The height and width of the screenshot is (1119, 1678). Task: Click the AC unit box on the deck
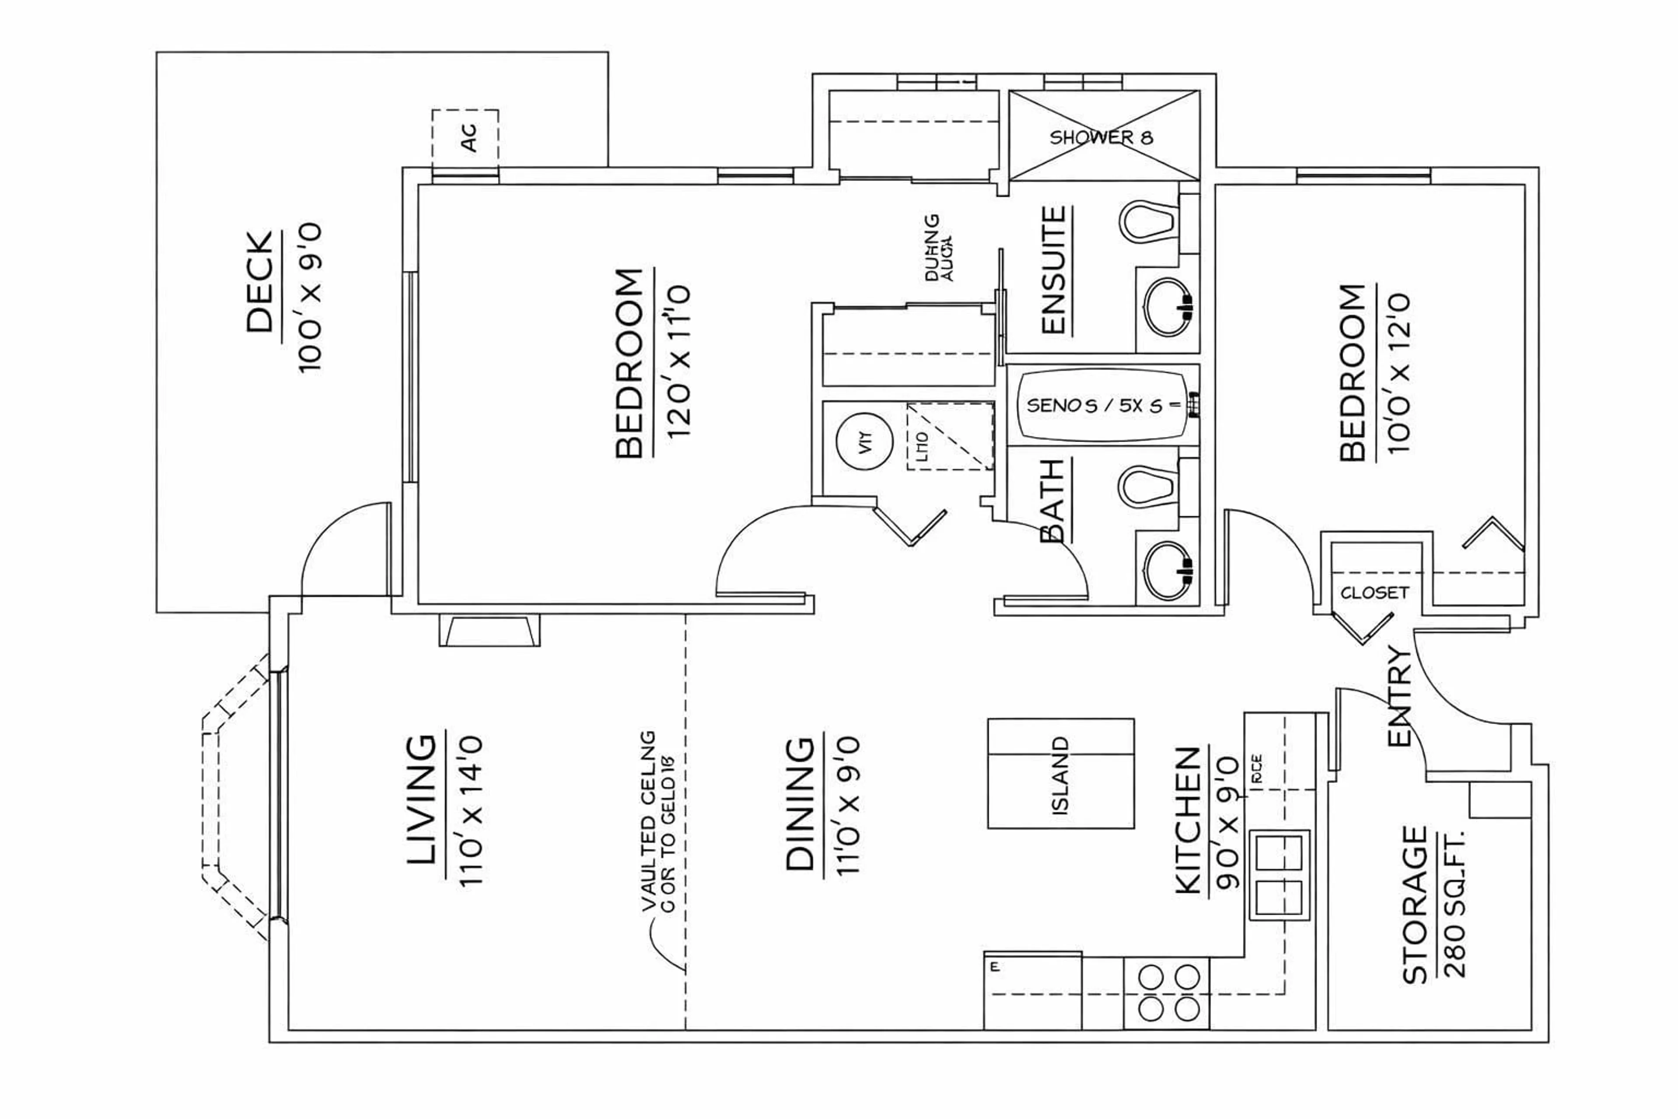point(465,139)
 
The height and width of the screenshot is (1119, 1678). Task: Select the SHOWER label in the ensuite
point(1101,137)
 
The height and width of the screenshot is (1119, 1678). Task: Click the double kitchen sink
point(1279,874)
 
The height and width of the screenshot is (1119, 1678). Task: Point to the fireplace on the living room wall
point(489,630)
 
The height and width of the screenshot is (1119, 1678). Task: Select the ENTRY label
point(1399,696)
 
